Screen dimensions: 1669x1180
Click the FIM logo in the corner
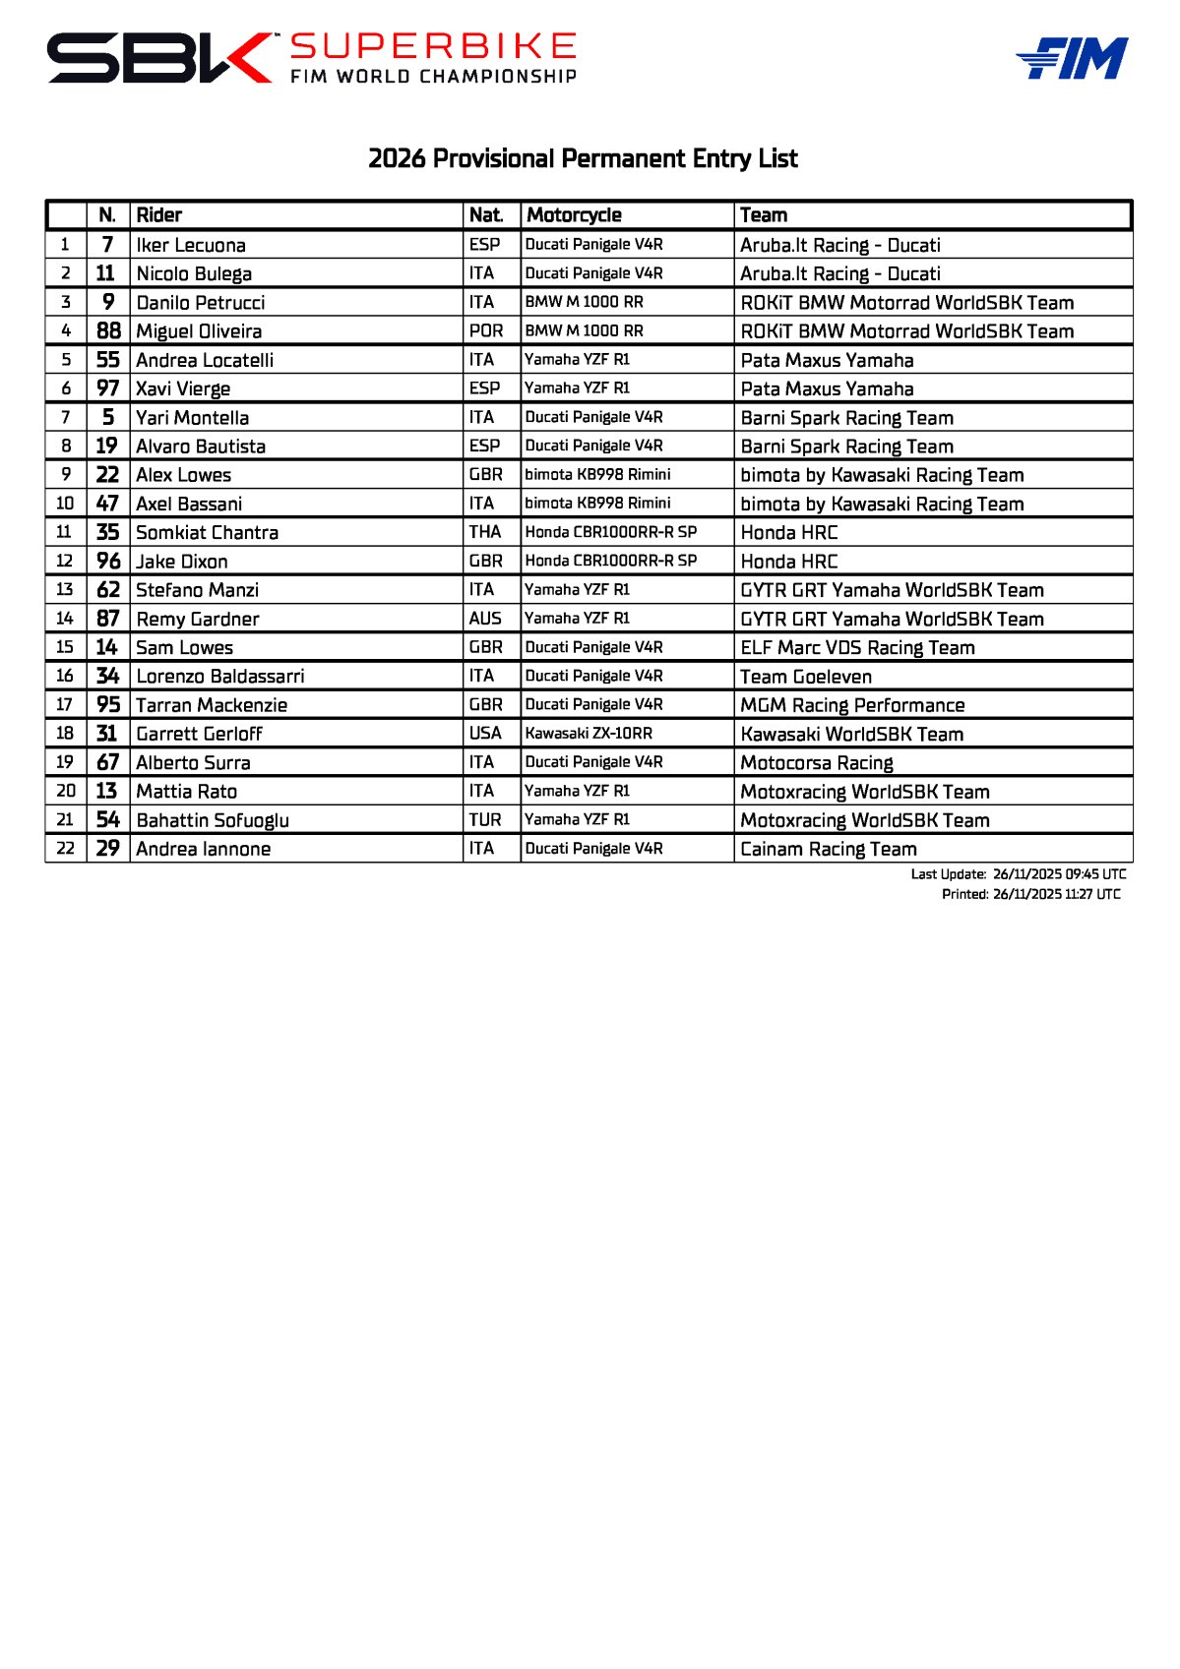coord(1072,58)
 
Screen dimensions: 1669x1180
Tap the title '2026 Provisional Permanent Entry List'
coord(583,158)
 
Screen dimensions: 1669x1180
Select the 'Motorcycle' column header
coord(574,215)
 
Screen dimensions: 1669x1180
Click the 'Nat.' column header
coord(486,215)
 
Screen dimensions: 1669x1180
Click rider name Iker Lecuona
coord(191,245)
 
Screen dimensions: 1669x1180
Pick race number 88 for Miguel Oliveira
coord(108,331)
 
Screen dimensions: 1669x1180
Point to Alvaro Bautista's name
coord(201,447)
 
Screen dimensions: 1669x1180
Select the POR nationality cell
coord(486,331)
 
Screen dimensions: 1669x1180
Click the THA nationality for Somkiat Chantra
coord(485,532)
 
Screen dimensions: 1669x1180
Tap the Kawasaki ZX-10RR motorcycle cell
coord(589,734)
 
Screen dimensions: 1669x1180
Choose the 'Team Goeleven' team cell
coord(806,677)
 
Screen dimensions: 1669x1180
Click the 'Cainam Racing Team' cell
coord(829,849)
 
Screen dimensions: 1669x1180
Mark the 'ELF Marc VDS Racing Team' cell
coord(857,648)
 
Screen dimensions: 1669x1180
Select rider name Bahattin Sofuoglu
coord(213,820)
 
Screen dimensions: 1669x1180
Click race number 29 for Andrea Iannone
coord(107,849)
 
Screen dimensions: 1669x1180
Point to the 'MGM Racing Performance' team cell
coord(852,705)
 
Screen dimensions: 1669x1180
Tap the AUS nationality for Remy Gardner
coord(485,619)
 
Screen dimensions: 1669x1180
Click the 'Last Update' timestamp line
coord(1018,874)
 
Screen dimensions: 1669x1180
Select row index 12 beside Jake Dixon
coord(65,562)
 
